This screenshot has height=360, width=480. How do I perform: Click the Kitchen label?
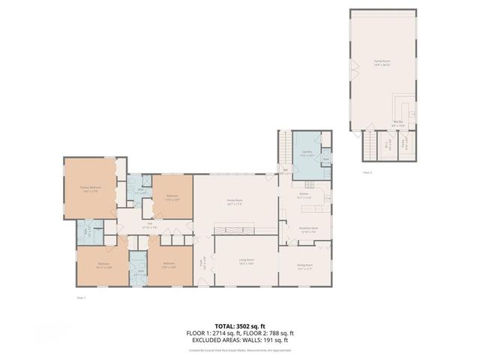click(305, 196)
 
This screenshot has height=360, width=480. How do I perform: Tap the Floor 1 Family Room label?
click(235, 202)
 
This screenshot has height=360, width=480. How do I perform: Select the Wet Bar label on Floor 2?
click(398, 123)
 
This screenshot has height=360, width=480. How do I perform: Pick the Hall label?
click(149, 223)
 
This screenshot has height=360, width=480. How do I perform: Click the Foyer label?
click(201, 263)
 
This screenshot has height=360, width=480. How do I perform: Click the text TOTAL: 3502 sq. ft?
click(240, 326)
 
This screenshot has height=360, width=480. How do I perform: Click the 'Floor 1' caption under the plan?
click(82, 297)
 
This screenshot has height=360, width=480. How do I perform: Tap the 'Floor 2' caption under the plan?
click(367, 172)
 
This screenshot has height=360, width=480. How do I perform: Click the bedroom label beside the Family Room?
click(172, 197)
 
